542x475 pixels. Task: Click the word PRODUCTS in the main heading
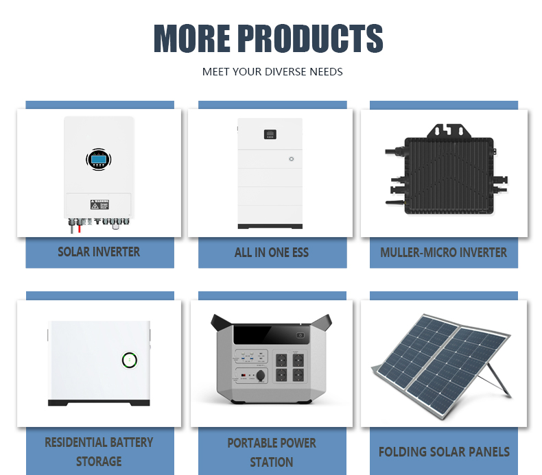310,38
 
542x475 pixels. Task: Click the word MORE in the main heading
192,38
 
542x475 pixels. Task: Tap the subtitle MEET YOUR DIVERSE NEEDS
272,72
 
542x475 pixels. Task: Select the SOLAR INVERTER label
99,252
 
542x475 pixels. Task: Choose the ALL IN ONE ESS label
272,252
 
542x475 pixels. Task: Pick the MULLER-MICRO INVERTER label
443,252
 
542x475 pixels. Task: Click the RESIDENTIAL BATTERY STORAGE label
99,452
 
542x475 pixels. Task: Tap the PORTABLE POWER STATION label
272,452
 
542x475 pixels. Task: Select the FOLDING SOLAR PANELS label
444,452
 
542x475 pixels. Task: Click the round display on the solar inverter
99,160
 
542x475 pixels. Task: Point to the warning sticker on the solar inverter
99,204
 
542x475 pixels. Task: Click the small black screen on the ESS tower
270,134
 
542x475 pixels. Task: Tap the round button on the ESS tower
292,159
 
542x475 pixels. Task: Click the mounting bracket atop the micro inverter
449,132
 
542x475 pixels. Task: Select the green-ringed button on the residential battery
130,360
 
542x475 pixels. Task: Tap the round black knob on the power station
261,375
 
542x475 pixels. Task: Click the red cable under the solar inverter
80,228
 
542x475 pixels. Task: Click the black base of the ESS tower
270,226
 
